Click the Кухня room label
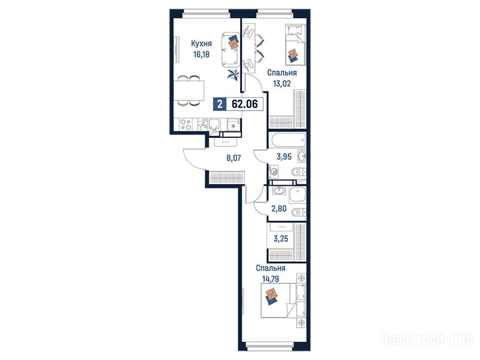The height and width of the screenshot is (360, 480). click(201, 44)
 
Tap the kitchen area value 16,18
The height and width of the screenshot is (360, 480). click(201, 54)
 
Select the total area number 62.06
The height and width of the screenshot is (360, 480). click(245, 104)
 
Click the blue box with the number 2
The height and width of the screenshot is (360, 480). click(219, 104)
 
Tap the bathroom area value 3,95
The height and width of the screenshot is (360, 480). click(284, 157)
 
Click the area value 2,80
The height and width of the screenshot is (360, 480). click(279, 209)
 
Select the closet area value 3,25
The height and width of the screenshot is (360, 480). click(281, 239)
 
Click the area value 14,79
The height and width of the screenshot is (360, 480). click(270, 279)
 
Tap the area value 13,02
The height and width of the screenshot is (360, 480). click(282, 83)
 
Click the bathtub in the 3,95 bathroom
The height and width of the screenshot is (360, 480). click(289, 140)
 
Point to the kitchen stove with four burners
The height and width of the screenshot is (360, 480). click(186, 124)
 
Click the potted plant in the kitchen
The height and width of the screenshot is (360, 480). click(233, 75)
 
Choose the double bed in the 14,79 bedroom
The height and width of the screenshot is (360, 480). click(283, 300)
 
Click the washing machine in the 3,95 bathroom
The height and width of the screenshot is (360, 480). click(274, 172)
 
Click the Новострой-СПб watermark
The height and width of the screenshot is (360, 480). click(427, 339)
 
